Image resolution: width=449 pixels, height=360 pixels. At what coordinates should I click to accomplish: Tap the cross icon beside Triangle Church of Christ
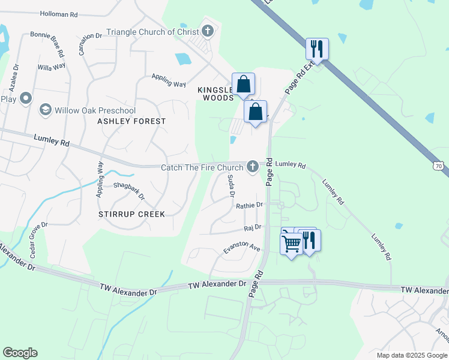coord(208,31)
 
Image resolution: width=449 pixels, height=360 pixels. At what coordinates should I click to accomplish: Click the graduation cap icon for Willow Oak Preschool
coord(45,110)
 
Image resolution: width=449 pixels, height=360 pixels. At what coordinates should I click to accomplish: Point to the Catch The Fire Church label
coord(202,167)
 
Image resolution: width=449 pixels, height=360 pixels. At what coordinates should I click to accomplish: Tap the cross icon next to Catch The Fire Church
coord(253,166)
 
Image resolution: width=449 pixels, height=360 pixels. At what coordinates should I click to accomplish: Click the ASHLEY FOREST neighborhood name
coord(131,121)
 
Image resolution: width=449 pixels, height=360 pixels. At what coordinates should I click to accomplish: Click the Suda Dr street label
coord(231,186)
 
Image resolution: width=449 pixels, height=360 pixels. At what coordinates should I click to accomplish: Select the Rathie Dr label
coord(249,205)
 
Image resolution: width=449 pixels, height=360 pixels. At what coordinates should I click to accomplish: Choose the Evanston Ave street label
coord(241,247)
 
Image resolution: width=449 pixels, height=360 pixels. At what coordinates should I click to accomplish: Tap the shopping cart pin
coord(291,242)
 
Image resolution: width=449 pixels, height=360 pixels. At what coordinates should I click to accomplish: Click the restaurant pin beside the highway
coord(316,49)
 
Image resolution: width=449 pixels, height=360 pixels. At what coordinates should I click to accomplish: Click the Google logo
coord(20,353)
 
